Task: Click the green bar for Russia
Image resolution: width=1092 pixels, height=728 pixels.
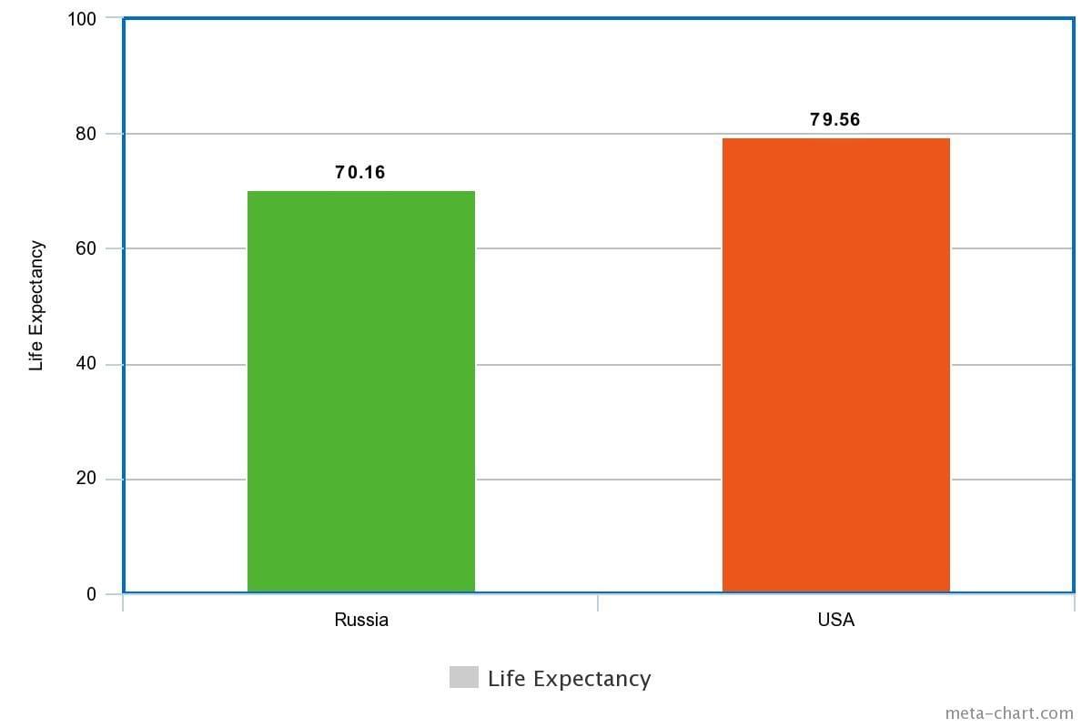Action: tap(361, 391)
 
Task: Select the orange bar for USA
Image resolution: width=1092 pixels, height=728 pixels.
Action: tap(836, 365)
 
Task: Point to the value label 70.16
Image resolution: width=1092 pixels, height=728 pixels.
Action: tap(359, 173)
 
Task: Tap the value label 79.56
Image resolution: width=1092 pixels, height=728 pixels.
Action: tap(835, 119)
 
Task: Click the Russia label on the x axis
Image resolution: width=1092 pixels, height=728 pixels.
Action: tap(361, 620)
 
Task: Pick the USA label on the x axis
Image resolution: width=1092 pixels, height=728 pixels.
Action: tap(836, 620)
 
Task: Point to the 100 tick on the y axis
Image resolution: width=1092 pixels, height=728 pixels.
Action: tap(81, 19)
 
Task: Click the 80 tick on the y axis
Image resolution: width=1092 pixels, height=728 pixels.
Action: tap(86, 134)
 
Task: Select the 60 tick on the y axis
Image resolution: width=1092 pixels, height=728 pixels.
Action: tap(86, 248)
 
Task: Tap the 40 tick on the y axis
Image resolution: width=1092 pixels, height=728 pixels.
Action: tap(86, 364)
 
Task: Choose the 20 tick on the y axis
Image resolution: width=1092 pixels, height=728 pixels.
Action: tap(86, 479)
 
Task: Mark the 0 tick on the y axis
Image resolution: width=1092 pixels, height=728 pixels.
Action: tap(91, 594)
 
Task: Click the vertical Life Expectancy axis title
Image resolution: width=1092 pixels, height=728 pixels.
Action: tap(36, 306)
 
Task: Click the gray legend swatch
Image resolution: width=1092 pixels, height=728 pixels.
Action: tap(463, 677)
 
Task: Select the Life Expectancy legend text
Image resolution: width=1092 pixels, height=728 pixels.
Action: tap(569, 679)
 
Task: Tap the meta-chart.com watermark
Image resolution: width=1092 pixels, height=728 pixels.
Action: tap(1009, 713)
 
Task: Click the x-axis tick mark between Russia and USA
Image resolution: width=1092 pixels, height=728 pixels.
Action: tap(598, 602)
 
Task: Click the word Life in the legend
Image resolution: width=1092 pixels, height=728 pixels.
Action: tap(507, 678)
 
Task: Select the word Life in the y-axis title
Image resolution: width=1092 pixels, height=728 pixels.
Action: tap(36, 355)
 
